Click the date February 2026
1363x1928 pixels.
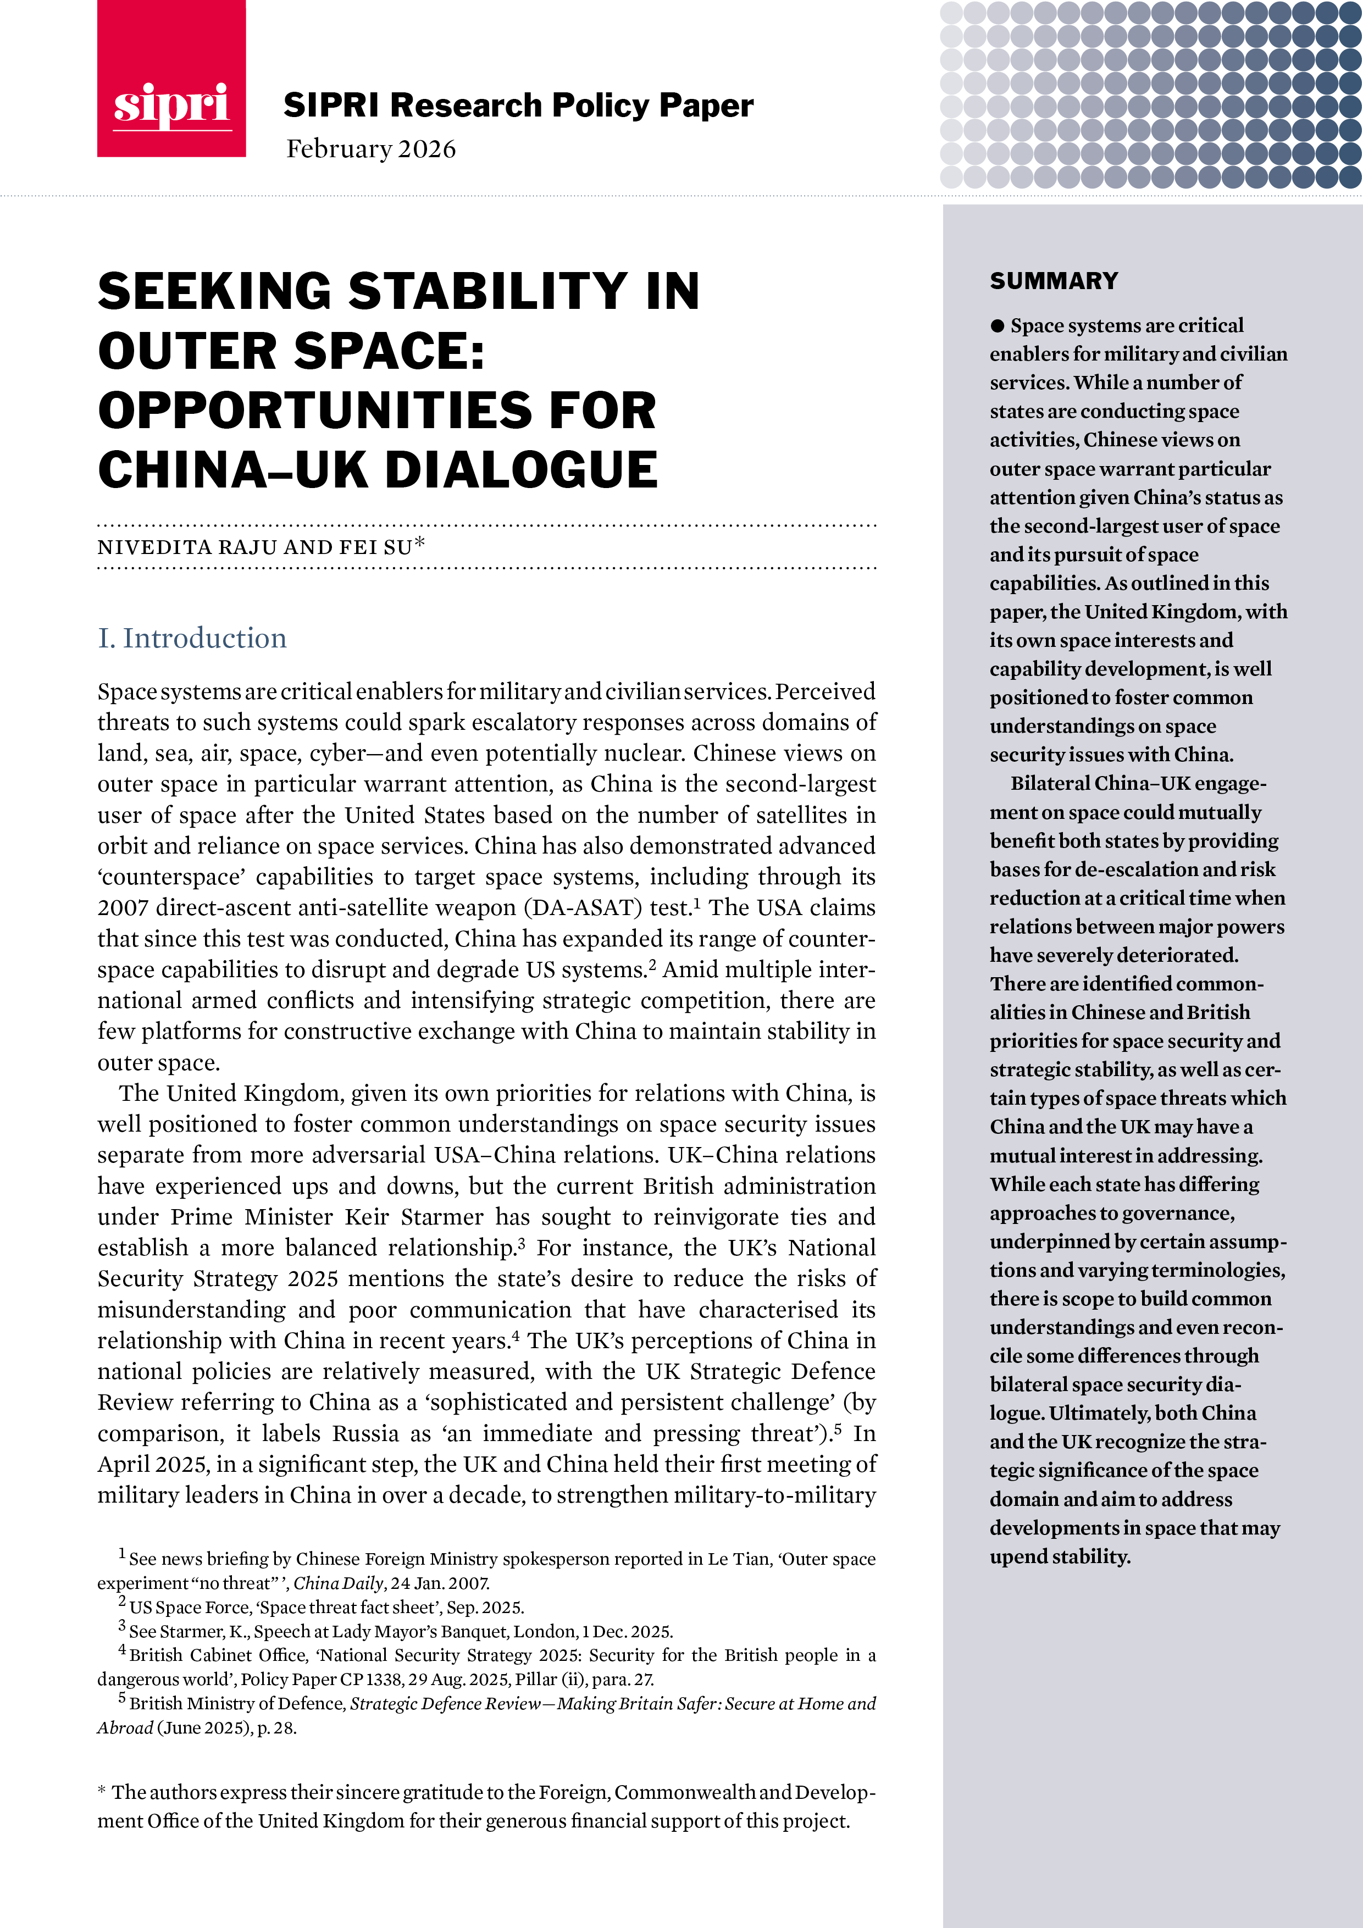(370, 149)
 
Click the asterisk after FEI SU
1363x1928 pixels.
(419, 544)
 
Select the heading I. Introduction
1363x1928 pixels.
(192, 638)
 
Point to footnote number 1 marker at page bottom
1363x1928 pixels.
(122, 1554)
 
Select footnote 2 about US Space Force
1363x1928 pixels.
(326, 1607)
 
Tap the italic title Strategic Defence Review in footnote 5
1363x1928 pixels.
(444, 1703)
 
